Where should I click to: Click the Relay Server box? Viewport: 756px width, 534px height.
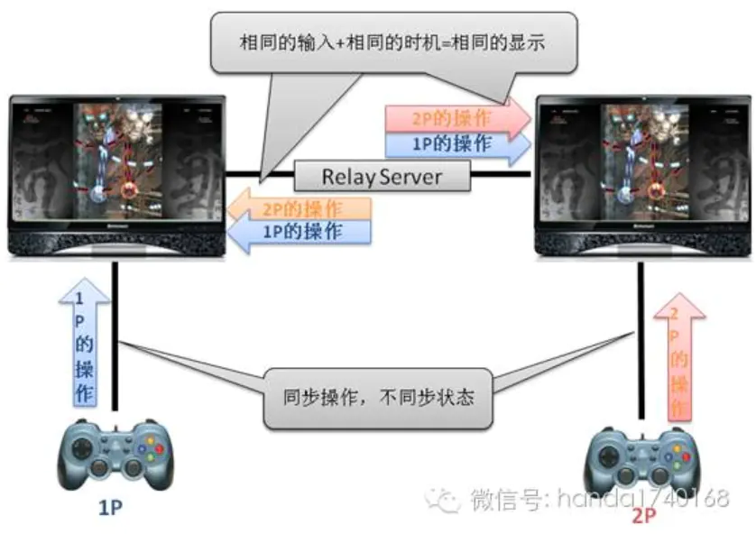coord(383,176)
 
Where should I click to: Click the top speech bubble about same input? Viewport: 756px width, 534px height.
coord(394,41)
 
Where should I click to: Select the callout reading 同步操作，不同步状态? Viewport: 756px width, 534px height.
coord(378,397)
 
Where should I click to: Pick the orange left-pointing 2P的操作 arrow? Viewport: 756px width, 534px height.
coord(299,208)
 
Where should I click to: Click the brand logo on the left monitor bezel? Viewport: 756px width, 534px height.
coord(118,232)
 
